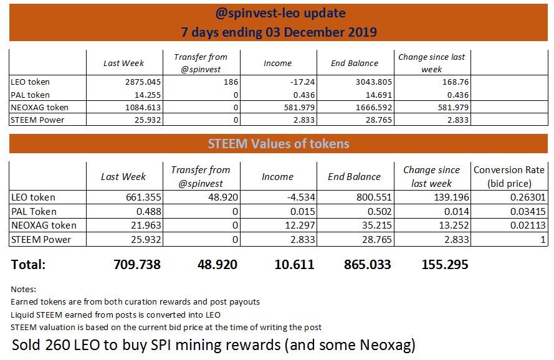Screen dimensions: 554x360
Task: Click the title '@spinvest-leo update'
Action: click(x=280, y=14)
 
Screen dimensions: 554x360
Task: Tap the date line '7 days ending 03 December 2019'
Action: click(x=279, y=32)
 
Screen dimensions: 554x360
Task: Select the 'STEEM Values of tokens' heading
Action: click(x=279, y=144)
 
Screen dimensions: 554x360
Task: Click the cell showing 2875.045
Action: click(x=143, y=82)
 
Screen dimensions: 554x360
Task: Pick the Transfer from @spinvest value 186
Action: click(x=231, y=82)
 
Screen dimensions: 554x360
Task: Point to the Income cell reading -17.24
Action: click(x=302, y=82)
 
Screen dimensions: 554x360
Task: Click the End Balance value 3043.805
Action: click(x=374, y=82)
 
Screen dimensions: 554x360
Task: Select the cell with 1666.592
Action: click(x=374, y=107)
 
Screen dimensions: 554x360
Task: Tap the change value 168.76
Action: click(x=456, y=82)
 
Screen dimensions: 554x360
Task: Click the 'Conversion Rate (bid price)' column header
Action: click(x=509, y=177)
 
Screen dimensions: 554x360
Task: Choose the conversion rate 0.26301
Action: click(x=528, y=197)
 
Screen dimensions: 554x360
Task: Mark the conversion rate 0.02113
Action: click(x=528, y=225)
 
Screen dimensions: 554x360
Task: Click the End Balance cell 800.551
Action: click(x=374, y=197)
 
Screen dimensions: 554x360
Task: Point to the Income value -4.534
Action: click(x=300, y=197)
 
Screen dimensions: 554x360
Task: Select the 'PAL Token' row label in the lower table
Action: click(x=34, y=212)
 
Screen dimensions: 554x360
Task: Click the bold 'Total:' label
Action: click(x=28, y=265)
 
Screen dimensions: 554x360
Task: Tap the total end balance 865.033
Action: click(x=368, y=265)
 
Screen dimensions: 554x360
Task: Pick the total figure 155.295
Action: click(x=445, y=265)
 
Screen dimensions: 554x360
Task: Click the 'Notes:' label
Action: click(x=23, y=290)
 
